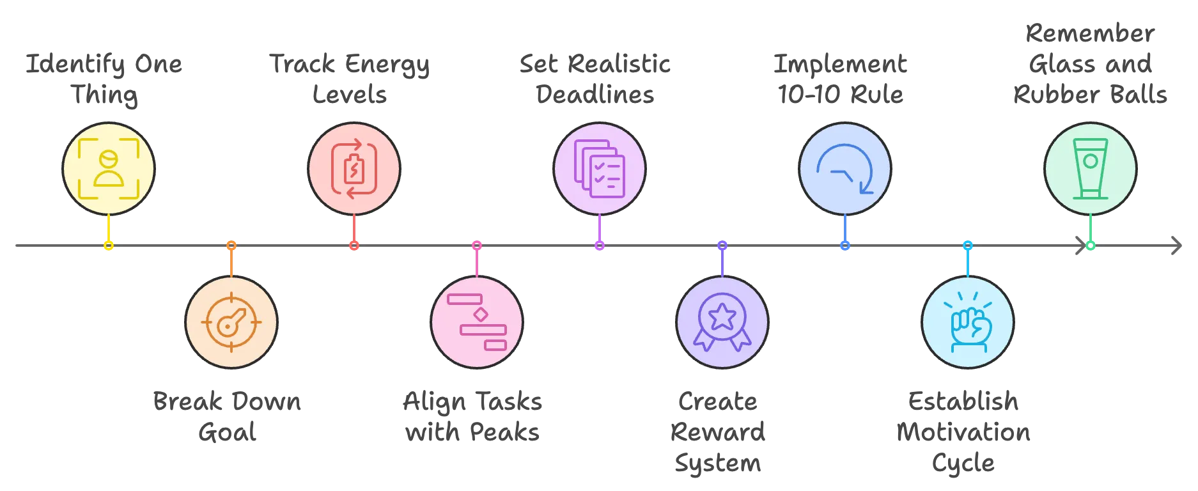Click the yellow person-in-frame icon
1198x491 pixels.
point(109,169)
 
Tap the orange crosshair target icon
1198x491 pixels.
point(231,322)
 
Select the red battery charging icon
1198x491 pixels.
point(354,169)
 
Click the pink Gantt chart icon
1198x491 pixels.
point(477,322)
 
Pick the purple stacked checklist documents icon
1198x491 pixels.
point(599,169)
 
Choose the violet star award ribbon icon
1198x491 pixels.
point(722,322)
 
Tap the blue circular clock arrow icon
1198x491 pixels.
point(844,169)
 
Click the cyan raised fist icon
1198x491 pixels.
point(968,322)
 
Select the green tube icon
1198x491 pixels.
point(1090,169)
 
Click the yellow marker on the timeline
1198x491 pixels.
point(109,245)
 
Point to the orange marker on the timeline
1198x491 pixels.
point(231,245)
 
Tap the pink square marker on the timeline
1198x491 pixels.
point(476,245)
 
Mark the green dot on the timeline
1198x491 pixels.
point(1090,245)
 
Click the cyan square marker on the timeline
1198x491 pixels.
point(968,245)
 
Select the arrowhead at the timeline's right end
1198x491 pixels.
point(1178,245)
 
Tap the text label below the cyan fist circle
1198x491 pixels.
point(964,433)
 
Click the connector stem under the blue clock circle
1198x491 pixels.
point(845,228)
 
